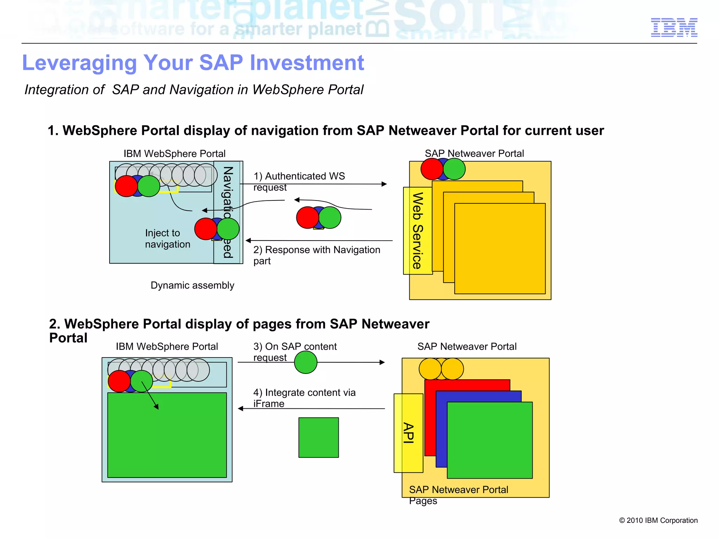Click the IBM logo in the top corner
click(674, 27)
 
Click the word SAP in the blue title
click(221, 63)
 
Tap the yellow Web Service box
click(417, 231)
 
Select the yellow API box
click(408, 433)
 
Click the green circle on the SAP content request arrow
click(305, 362)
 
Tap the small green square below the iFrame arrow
click(318, 437)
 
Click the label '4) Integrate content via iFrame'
click(304, 397)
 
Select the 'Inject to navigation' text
click(167, 238)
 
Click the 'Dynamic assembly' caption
click(192, 285)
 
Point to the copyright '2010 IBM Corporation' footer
click(658, 520)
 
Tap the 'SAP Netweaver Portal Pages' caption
click(458, 494)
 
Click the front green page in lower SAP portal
click(489, 440)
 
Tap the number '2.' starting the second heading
click(54, 324)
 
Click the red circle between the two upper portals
click(307, 217)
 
